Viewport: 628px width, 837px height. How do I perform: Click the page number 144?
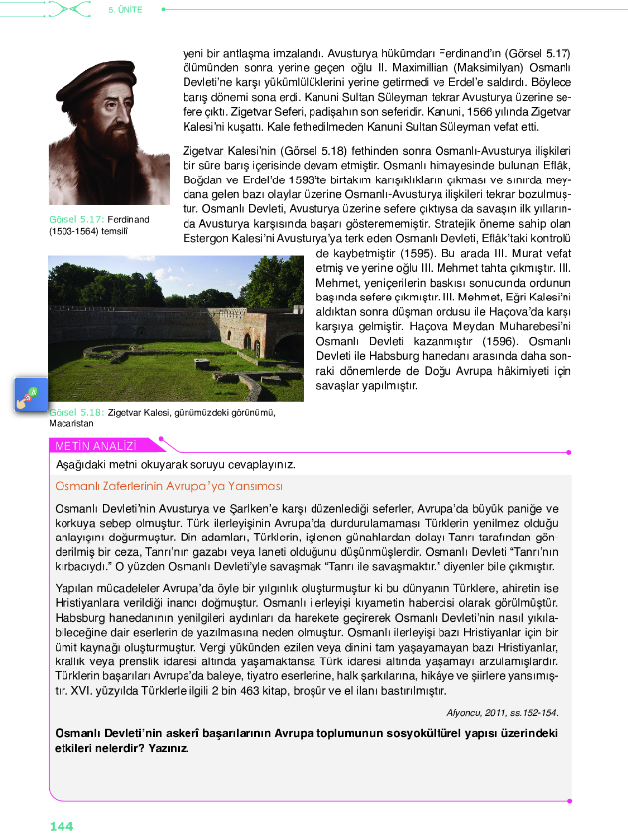pos(61,825)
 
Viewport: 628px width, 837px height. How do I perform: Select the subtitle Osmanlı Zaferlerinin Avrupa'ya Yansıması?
pos(169,486)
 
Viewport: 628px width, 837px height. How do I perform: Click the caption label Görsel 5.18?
pos(75,411)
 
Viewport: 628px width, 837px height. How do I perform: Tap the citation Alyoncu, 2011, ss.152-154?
pos(502,712)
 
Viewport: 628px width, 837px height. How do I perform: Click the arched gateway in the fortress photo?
pos(248,340)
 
